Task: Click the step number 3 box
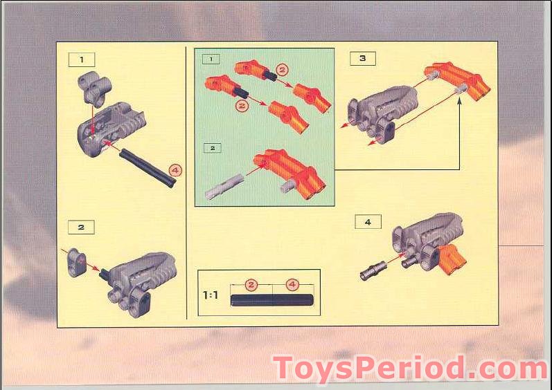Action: tap(362, 59)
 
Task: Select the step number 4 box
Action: tap(368, 222)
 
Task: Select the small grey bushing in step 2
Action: tap(76, 263)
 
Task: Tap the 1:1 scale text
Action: tap(211, 295)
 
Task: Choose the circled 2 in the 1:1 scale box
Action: tap(251, 284)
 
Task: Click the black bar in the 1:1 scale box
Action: tap(272, 300)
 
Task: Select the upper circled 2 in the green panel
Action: tap(282, 70)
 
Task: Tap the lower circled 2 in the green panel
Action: tap(242, 105)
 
